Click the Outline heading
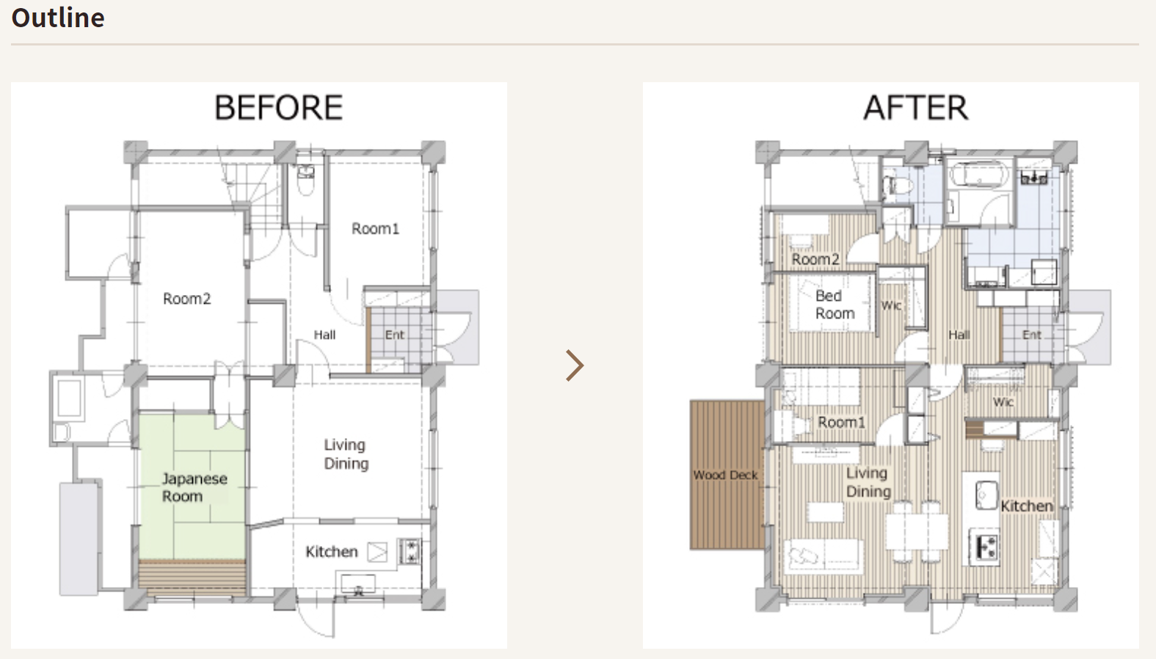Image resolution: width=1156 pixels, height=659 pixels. (58, 18)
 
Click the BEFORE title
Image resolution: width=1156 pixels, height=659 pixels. (279, 107)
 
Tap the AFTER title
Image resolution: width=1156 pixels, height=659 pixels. (916, 107)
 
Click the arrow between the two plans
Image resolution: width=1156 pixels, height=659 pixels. (575, 365)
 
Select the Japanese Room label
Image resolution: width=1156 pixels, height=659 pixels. (195, 487)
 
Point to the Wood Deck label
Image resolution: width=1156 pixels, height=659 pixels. (725, 475)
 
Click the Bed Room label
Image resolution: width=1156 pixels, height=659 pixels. (835, 305)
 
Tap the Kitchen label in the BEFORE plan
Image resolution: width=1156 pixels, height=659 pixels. (331, 552)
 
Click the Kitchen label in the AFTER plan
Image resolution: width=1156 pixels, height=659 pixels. (1027, 506)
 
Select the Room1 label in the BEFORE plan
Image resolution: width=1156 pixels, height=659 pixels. (375, 229)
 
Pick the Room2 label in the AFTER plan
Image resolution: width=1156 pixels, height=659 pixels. (815, 259)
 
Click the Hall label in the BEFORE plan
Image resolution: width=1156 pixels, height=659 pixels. (324, 335)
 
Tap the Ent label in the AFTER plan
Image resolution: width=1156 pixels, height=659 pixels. (1032, 335)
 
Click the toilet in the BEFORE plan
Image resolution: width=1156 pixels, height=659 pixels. (305, 180)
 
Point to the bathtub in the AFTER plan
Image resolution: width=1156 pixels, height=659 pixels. (979, 175)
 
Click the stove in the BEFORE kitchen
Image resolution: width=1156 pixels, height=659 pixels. (410, 551)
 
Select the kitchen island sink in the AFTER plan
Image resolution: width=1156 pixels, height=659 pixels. (986, 495)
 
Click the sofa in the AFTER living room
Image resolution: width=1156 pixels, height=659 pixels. (823, 556)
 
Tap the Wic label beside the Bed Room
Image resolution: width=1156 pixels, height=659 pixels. (891, 305)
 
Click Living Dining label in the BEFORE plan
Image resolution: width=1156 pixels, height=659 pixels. (346, 454)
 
